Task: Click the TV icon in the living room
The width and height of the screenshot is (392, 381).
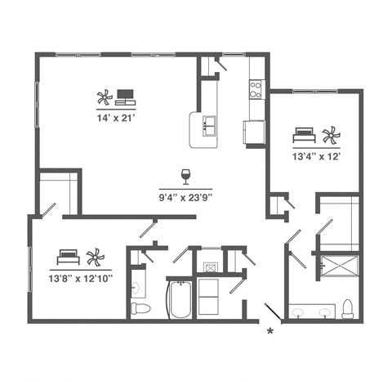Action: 126,96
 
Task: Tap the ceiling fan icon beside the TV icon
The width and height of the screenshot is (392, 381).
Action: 104,98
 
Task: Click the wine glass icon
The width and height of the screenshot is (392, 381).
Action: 185,176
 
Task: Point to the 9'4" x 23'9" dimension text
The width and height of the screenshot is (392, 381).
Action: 185,196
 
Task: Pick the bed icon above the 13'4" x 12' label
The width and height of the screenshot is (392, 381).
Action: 304,132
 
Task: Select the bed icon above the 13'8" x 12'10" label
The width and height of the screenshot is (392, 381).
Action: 68,257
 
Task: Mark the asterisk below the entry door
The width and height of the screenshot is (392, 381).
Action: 269,331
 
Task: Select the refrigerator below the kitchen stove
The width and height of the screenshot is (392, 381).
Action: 254,131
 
